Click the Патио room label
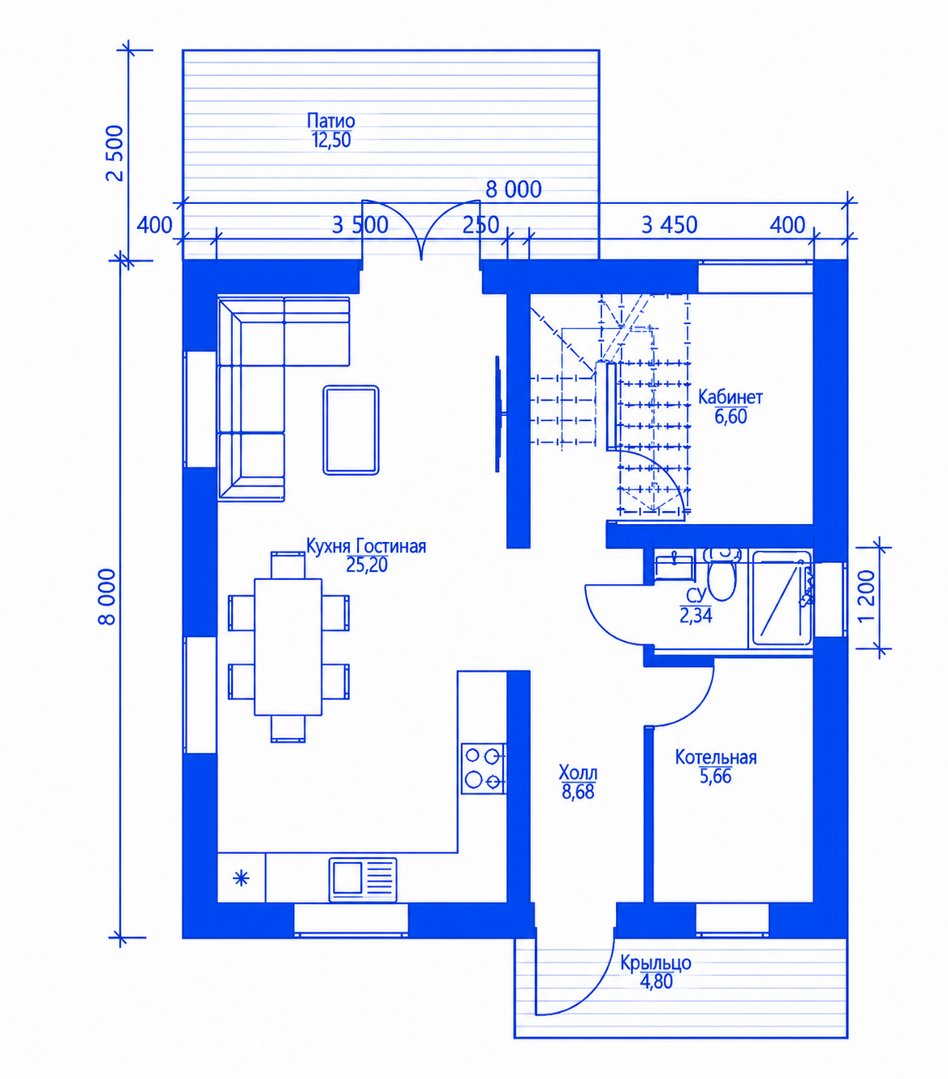coord(331,121)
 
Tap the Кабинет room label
coord(730,397)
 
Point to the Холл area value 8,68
coord(578,792)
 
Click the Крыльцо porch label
coord(655,962)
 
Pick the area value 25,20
coord(367,565)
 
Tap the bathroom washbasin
coord(674,566)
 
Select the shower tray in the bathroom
coord(781,599)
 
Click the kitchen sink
coord(363,879)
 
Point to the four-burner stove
coord(484,769)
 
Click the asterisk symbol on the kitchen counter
coord(242,877)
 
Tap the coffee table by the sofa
coord(351,430)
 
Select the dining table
coord(288,647)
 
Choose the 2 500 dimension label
coord(115,153)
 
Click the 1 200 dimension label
coord(867,596)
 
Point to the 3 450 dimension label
coord(669,225)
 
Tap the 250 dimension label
coord(480,225)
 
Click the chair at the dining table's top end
coord(288,565)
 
